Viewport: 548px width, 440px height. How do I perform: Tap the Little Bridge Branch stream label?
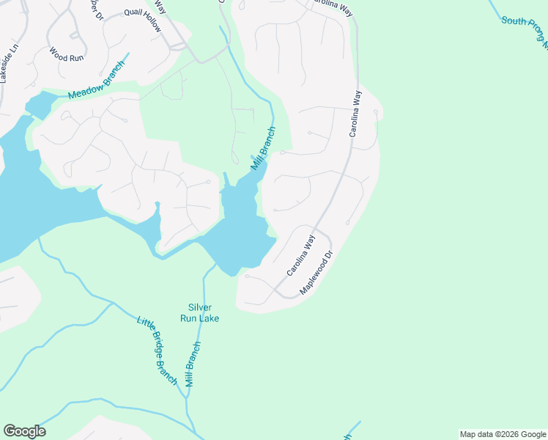pos(158,350)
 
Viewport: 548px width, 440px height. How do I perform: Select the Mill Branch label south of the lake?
pos(193,364)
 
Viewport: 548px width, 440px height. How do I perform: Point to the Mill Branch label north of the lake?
pos(263,149)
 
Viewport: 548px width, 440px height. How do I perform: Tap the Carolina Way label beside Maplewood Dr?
pos(300,255)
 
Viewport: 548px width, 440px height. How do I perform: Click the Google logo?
pos(24,431)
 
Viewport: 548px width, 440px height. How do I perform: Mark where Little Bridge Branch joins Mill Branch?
pos(188,397)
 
